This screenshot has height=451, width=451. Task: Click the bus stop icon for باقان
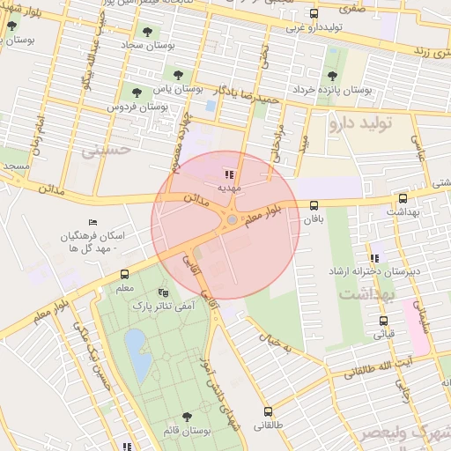(x=314, y=205)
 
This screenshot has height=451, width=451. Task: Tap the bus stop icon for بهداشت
(x=403, y=199)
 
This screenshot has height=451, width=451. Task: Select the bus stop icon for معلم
(x=124, y=274)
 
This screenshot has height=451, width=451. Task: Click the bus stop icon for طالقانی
(x=268, y=411)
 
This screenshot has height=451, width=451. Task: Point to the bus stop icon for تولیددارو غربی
(x=314, y=13)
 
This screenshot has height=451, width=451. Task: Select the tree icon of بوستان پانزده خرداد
(x=331, y=75)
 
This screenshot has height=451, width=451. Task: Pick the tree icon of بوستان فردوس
(x=137, y=92)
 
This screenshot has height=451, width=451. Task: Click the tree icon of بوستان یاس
(x=180, y=75)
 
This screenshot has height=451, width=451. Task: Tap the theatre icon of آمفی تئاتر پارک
(x=162, y=292)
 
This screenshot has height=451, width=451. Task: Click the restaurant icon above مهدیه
(x=230, y=174)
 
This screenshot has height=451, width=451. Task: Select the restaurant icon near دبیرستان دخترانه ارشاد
(x=374, y=258)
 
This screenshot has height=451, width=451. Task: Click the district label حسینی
(x=106, y=150)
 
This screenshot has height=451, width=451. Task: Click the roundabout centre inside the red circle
(x=232, y=220)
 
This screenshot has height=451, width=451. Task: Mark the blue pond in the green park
(x=138, y=353)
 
